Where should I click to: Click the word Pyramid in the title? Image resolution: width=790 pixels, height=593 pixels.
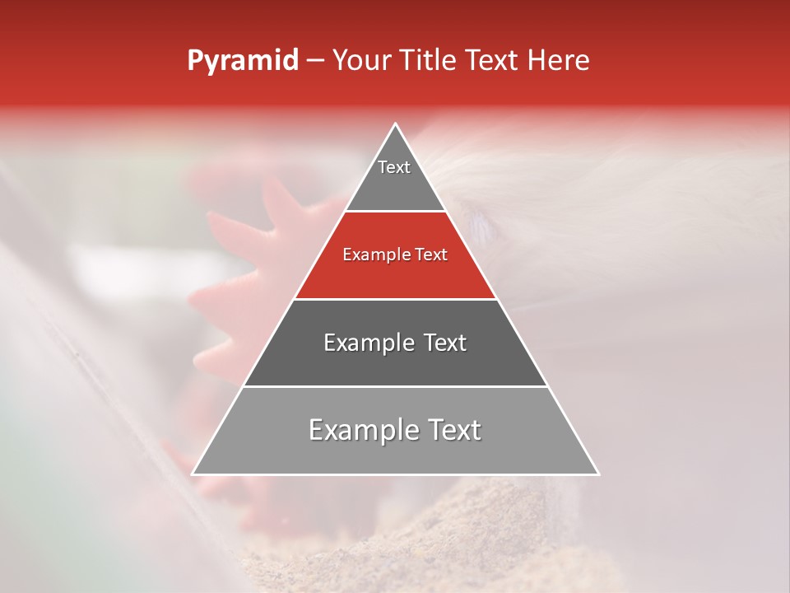click(242, 61)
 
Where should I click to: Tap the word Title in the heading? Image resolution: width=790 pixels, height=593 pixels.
click(427, 60)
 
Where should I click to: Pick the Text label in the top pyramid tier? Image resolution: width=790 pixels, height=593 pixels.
click(394, 167)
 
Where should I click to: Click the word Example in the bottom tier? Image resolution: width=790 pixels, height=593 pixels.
click(358, 430)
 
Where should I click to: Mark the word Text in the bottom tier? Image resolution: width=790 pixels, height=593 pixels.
click(455, 430)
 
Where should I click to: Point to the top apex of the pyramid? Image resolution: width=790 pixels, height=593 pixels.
click(396, 125)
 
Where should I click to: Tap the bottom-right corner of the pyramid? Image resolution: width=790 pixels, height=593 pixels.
click(597, 474)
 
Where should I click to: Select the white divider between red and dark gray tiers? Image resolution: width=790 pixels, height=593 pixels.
click(395, 299)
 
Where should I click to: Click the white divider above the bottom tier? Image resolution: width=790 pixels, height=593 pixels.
click(395, 386)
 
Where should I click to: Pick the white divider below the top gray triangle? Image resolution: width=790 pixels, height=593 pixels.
click(395, 212)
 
